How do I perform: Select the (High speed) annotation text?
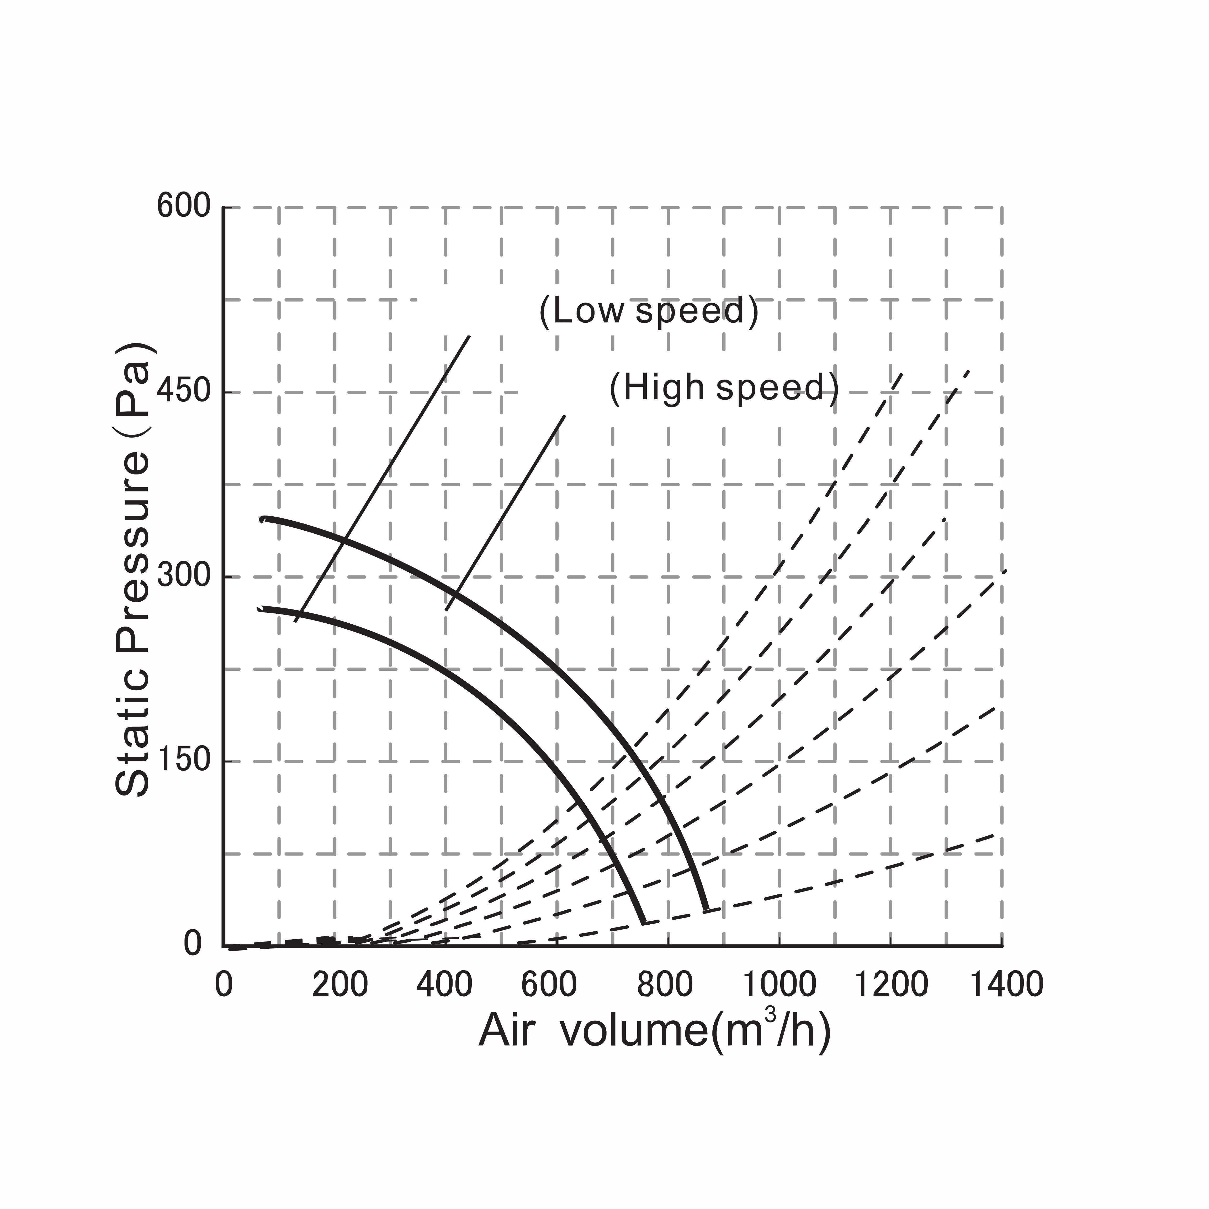(724, 388)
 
